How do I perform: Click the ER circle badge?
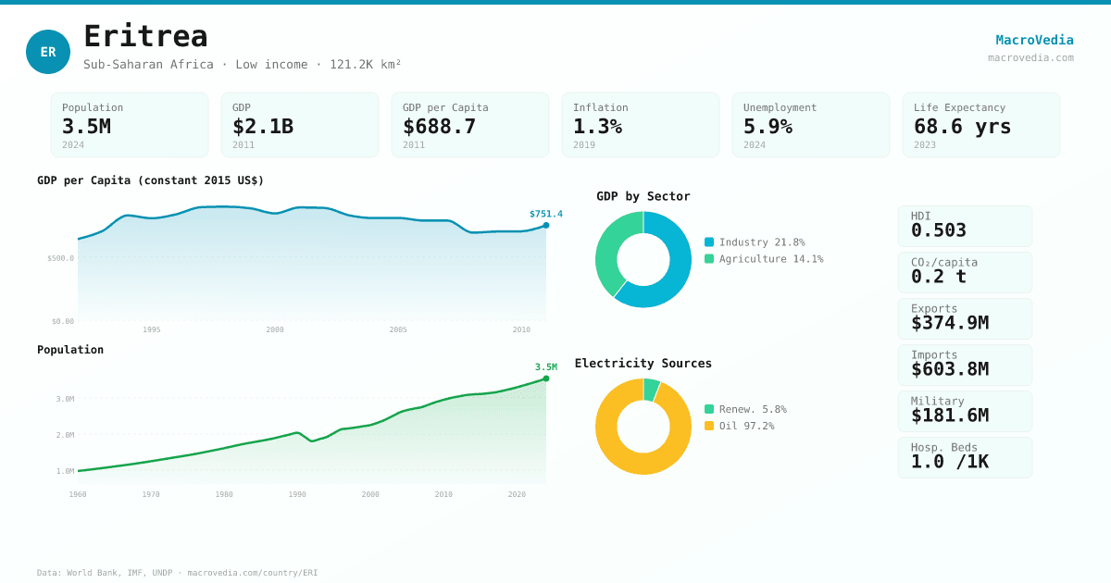tap(48, 52)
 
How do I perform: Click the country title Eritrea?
tap(145, 36)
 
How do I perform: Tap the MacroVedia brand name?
tap(1034, 40)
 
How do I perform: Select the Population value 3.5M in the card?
tap(86, 126)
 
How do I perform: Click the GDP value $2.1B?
tap(262, 126)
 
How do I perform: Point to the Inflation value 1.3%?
tap(597, 126)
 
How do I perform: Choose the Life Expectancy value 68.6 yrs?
tap(962, 126)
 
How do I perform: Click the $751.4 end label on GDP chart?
tap(545, 214)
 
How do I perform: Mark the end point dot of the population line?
tap(546, 378)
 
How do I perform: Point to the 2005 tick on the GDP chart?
tap(398, 329)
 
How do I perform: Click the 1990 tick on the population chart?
tap(297, 494)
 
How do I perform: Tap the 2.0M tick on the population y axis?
tap(65, 435)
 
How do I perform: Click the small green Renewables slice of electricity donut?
tap(652, 390)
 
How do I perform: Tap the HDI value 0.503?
tap(938, 230)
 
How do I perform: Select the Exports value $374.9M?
tap(949, 323)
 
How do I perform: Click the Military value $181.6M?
tap(949, 416)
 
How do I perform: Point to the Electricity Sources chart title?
tap(643, 363)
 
